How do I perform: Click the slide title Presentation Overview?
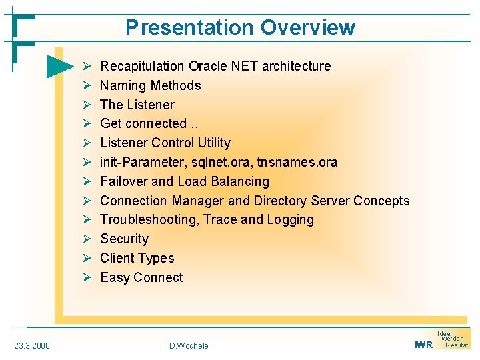coord(240,27)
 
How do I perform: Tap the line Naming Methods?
coord(150,85)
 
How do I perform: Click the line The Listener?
coord(137,105)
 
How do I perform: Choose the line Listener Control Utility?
coord(165,143)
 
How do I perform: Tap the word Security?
coord(124,239)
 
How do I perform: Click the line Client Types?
coord(137,258)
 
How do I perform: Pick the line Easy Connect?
coord(141,277)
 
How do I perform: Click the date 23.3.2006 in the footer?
coord(32,345)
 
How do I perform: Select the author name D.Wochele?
coord(189,345)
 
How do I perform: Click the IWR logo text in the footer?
coord(423,345)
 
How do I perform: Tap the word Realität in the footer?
coord(457,345)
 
